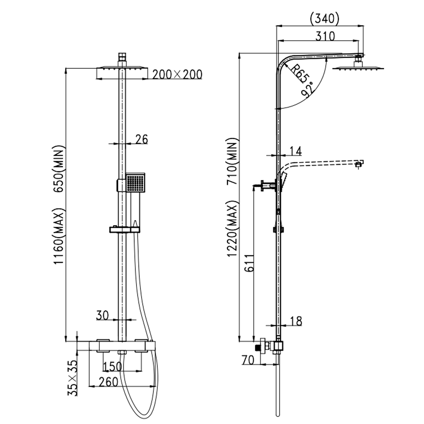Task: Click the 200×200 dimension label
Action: [x=177, y=75]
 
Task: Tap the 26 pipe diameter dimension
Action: [x=142, y=139]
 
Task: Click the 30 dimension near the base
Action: [x=103, y=315]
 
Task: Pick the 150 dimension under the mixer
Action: [x=112, y=366]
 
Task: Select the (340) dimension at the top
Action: [x=325, y=19]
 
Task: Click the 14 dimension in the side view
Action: [x=296, y=151]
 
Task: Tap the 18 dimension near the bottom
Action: [x=296, y=321]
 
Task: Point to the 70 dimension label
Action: [x=248, y=360]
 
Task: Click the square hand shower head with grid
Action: [x=135, y=182]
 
